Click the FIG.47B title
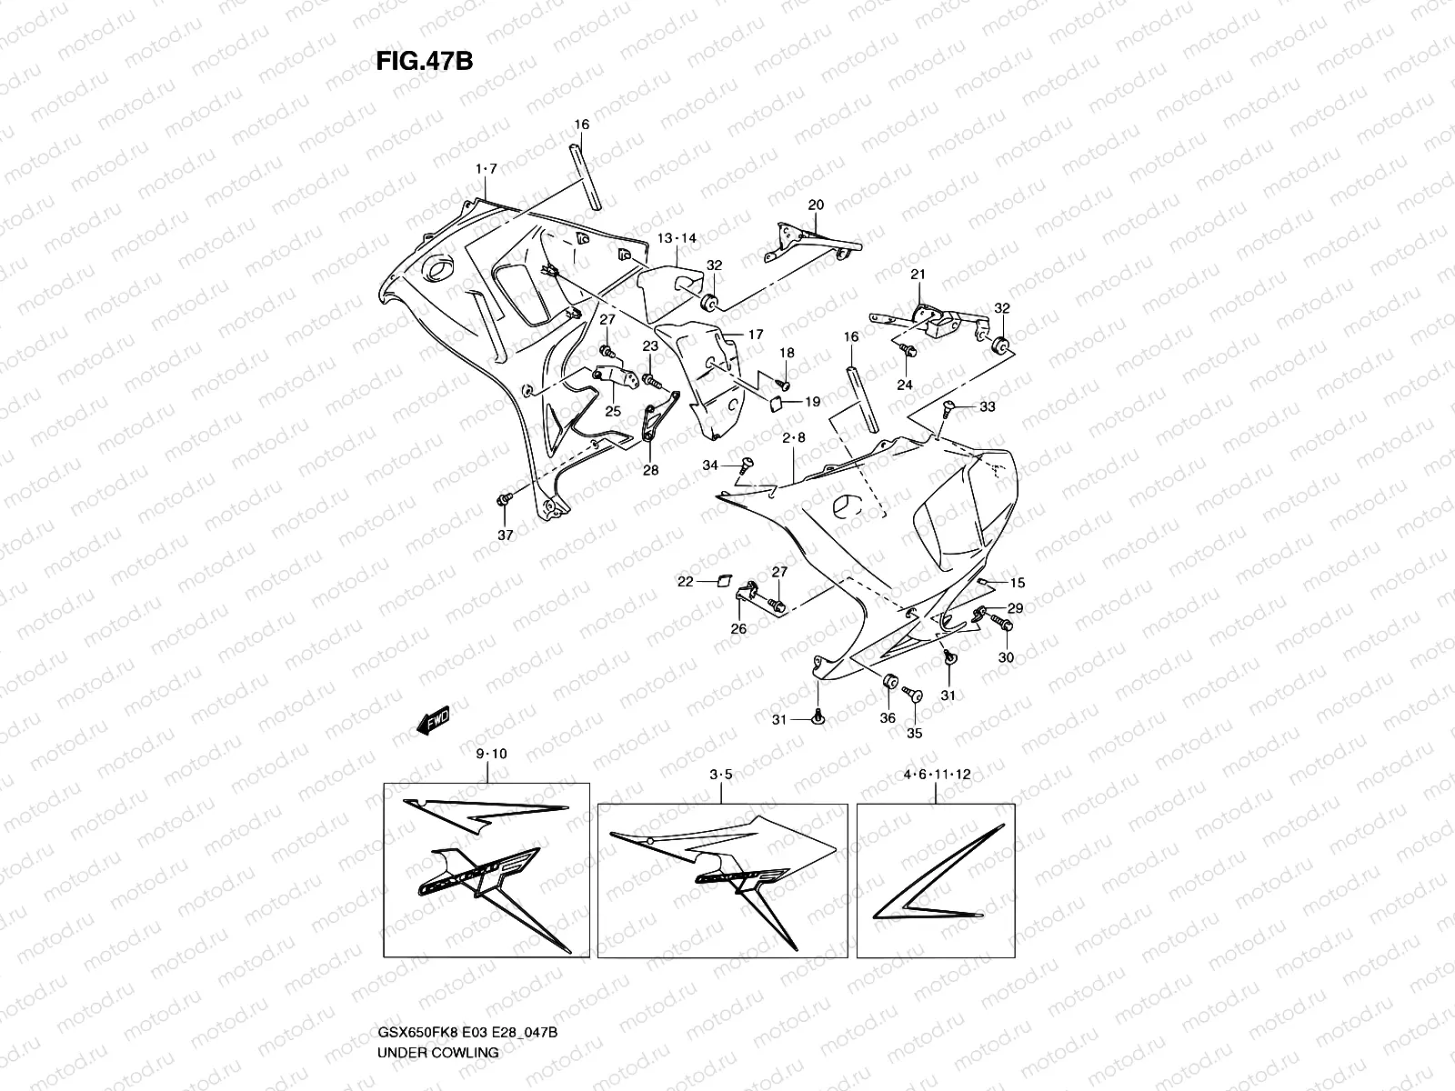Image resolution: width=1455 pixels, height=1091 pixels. pos(424,61)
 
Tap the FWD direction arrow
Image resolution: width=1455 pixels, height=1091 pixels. pos(434,718)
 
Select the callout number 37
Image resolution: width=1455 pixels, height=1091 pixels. pos(505,535)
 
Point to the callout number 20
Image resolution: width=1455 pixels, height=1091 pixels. pos(816,205)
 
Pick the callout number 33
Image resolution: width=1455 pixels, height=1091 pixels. pos(988,406)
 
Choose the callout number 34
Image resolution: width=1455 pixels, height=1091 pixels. pos(710,465)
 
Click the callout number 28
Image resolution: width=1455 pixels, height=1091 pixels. pos(651,470)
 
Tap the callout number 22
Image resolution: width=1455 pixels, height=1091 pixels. pos(685,581)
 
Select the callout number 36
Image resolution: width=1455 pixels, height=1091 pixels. pos(888,718)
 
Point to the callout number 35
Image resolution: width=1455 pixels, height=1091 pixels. pos(915,733)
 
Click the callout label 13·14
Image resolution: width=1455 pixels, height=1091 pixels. pos(677,238)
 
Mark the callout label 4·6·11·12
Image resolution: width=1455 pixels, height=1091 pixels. pos(937,775)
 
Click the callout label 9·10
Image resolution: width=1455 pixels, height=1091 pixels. pos(490,754)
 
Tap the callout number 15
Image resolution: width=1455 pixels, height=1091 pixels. pos(1017,583)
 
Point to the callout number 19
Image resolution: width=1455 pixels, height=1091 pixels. pos(812,401)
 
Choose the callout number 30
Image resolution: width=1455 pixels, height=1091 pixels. pos(1006,657)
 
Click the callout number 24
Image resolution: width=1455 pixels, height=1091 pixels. pos(904,385)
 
